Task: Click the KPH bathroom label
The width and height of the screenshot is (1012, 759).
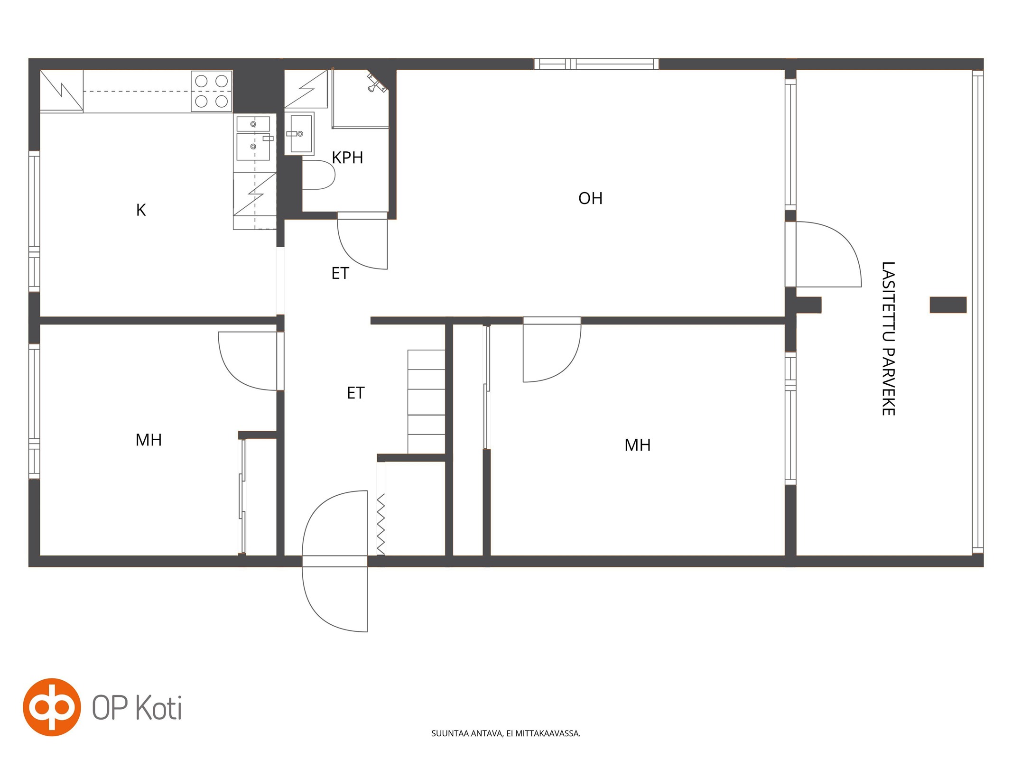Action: tap(347, 157)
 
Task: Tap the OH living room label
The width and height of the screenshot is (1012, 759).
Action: tap(590, 198)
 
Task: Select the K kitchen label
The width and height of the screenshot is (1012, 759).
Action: tap(141, 210)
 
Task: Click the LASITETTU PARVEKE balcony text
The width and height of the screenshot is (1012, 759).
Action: tap(888, 338)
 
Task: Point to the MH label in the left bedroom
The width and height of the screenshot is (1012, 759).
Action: tap(149, 440)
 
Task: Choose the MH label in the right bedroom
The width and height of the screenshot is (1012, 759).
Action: tap(637, 445)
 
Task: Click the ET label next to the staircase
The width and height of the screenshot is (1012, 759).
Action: tap(355, 393)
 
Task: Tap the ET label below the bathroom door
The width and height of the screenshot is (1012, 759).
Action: tap(340, 273)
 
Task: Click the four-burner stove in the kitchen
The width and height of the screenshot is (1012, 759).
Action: tap(212, 91)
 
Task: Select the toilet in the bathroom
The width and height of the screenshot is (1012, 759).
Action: tap(318, 175)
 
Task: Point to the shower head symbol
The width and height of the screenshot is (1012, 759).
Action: tap(376, 82)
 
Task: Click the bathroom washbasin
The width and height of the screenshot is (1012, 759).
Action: tap(299, 134)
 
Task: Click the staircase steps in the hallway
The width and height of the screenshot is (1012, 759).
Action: tap(426, 401)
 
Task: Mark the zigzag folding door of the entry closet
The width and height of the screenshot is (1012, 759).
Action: tap(381, 524)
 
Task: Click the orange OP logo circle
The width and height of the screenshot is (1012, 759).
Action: tap(52, 707)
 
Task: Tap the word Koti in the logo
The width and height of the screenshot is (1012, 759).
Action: tap(159, 708)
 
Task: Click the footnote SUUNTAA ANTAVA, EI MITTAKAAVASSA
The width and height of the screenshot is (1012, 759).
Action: tap(506, 733)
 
